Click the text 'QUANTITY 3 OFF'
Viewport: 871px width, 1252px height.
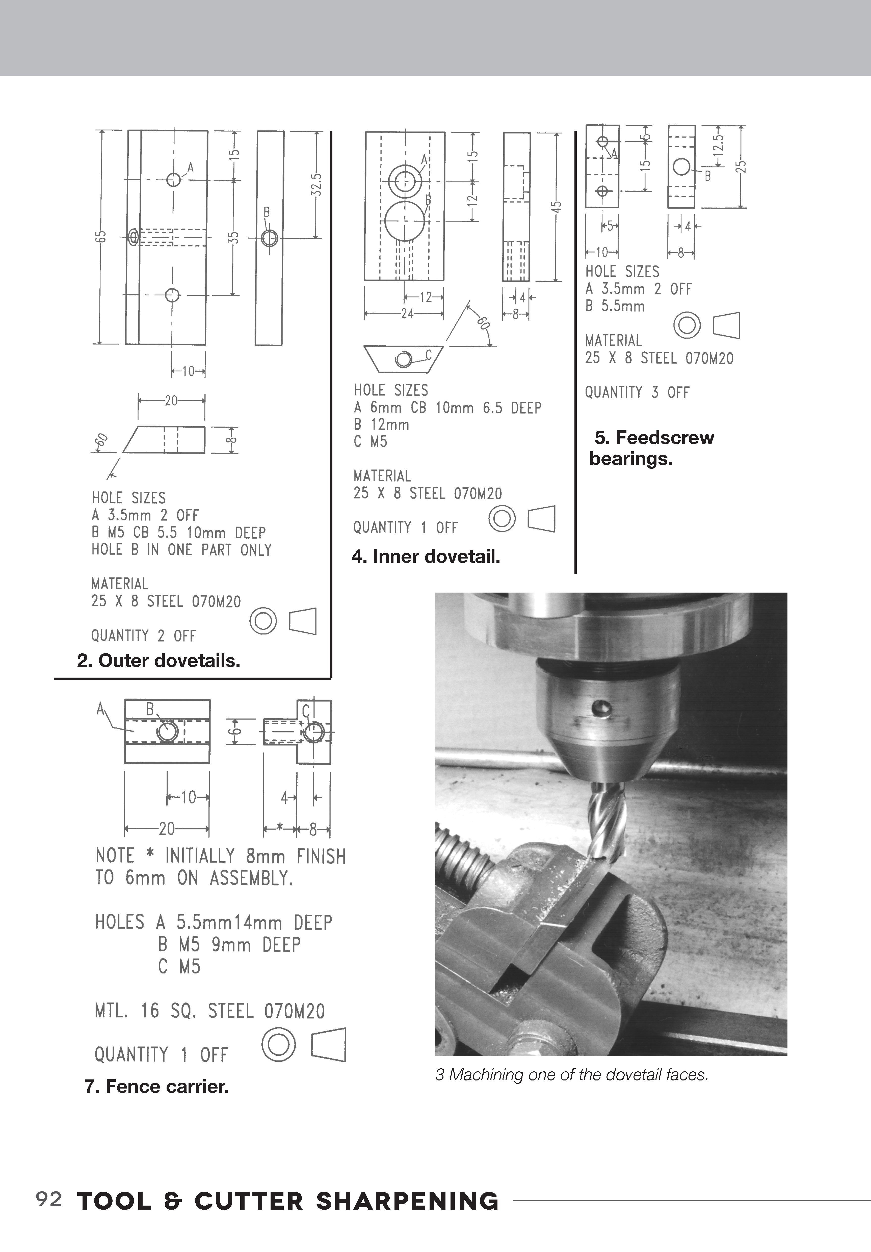coord(637,393)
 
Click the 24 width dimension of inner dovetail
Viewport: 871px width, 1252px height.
coord(407,314)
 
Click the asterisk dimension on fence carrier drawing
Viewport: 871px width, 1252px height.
coord(279,829)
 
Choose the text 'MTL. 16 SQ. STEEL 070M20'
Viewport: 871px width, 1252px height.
coord(209,1012)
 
